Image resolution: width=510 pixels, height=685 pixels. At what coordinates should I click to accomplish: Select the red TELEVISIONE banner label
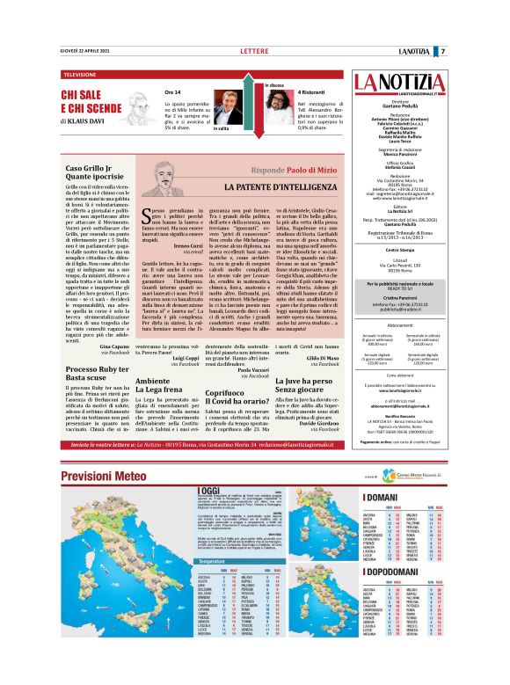tap(80, 75)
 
